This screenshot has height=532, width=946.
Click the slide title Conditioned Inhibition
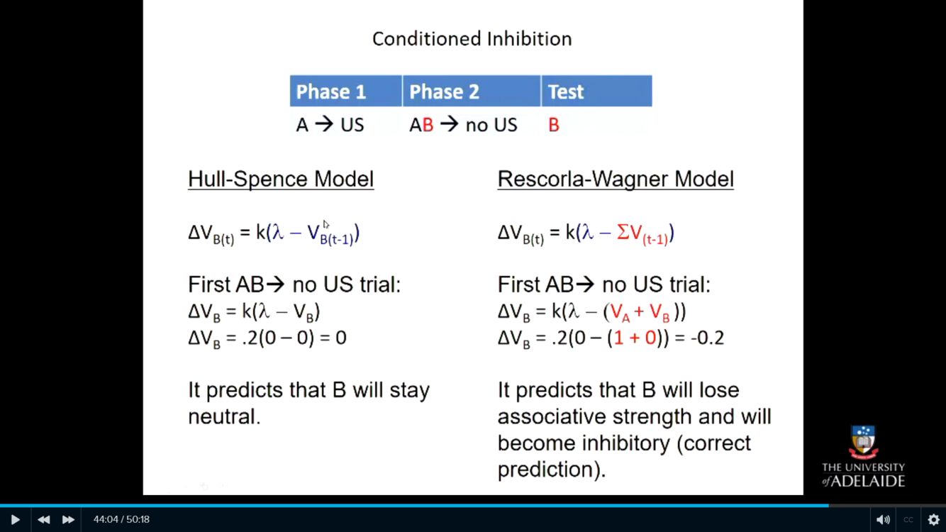coord(472,39)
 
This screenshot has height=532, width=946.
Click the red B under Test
coord(554,125)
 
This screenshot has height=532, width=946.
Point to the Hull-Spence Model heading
coord(281,179)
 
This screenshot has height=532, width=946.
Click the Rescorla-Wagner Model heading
coord(616,179)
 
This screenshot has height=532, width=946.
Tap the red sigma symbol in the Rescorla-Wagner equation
coord(623,232)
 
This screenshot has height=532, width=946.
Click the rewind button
coord(43,519)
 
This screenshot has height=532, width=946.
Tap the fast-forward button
coord(68,519)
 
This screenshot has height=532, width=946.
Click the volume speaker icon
coord(883,519)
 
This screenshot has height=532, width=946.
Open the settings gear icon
coord(933,519)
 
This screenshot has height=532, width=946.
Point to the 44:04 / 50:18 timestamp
coord(122,519)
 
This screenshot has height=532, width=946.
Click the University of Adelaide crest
coord(863,442)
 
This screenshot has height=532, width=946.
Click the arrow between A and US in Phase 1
coord(324,124)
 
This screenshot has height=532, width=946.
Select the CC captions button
coord(908,519)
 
